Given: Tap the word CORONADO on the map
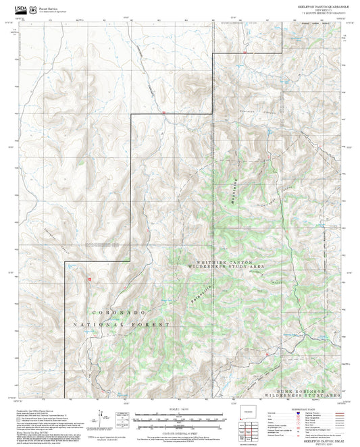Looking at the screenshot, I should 119,313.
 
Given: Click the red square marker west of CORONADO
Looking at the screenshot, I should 88,278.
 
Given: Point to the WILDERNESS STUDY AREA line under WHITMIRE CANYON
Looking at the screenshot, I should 228,268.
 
